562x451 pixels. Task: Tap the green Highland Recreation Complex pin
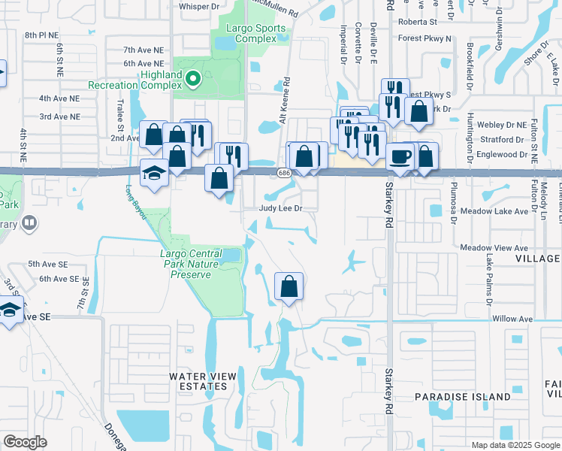coord(192,77)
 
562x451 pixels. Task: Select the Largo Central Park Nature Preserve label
coord(190,264)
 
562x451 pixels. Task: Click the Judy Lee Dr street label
coord(281,208)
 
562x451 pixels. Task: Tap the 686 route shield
coord(283,173)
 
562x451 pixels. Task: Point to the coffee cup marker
coord(400,156)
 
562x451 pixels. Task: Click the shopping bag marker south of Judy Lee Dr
coord(289,286)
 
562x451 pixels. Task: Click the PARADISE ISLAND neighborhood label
coord(462,396)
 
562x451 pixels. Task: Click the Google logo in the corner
coord(25,442)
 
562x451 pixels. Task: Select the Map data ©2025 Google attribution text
coord(515,445)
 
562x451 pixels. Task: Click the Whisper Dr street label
coord(198,7)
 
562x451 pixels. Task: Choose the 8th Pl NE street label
coord(41,35)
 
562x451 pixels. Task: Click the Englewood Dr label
coord(502,154)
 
